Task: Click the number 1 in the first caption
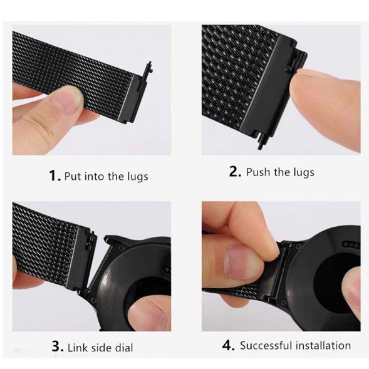[53, 175]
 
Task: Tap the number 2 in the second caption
[235, 172]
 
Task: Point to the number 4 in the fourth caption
[228, 345]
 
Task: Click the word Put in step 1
[73, 176]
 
